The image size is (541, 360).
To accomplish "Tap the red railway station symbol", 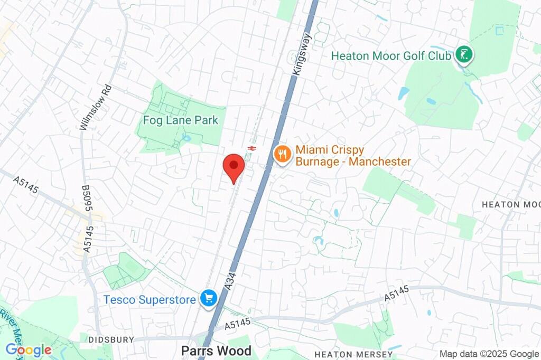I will coord(251,149).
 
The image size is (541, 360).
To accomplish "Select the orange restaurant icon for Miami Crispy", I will coord(283,154).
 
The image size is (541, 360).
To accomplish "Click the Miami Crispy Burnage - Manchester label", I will coord(353,156).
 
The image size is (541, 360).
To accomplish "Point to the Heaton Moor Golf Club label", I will coord(391,55).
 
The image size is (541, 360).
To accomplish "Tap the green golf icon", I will coord(465,54).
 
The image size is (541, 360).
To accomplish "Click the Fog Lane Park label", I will coord(180,120).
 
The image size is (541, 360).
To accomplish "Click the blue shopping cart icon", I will coord(209,298).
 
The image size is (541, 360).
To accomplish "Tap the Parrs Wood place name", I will coord(216,350).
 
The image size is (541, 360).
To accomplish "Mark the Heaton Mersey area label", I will coord(353,354).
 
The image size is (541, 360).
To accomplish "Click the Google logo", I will coord(28,350).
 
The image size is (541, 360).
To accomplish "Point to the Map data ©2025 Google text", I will coord(489,354).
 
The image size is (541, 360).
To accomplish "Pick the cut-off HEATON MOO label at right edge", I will coord(511,204).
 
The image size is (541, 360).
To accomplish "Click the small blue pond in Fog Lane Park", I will coord(185,138).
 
